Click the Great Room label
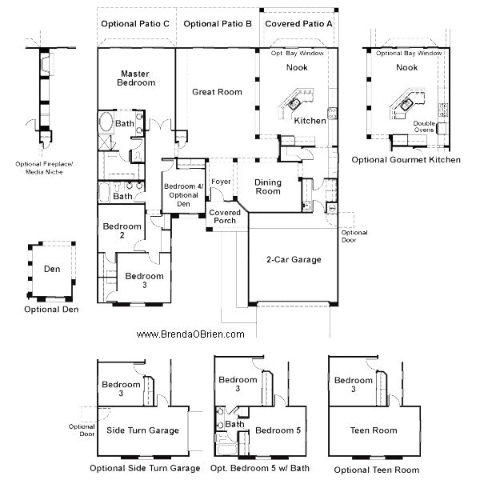point(217,92)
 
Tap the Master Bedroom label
point(136,78)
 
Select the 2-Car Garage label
point(294,259)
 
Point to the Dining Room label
point(268,186)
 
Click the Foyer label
point(221,182)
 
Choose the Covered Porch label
point(225,217)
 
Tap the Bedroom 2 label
point(122,230)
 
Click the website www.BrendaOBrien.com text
point(190,334)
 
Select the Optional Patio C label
point(135,24)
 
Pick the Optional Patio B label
point(218,24)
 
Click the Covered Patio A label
point(298,24)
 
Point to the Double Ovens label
point(424,126)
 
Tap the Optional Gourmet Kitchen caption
point(406,160)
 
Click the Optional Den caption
point(51,310)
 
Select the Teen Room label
point(374,430)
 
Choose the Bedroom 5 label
point(278,430)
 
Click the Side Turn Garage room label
point(142,430)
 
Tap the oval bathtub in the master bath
point(106,122)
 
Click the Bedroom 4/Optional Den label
point(183,195)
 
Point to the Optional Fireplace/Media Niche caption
point(44,168)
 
